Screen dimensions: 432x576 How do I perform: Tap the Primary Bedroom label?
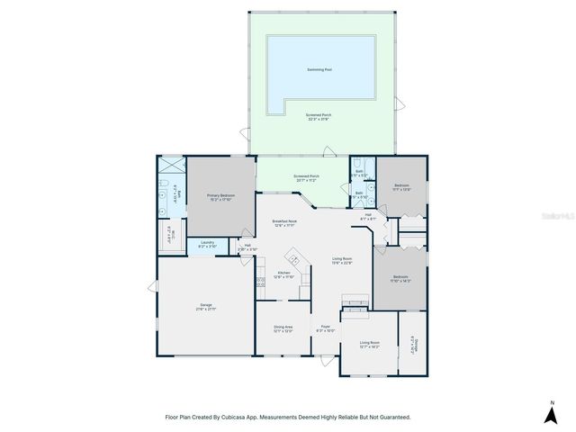coord(220,194)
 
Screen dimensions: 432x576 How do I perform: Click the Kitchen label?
coord(283,273)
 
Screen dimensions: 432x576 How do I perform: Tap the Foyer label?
coord(325,327)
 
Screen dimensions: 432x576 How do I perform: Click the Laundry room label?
coord(206,242)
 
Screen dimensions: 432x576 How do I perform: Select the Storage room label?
coord(415,345)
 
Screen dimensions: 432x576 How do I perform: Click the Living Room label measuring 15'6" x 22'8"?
coord(341,261)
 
